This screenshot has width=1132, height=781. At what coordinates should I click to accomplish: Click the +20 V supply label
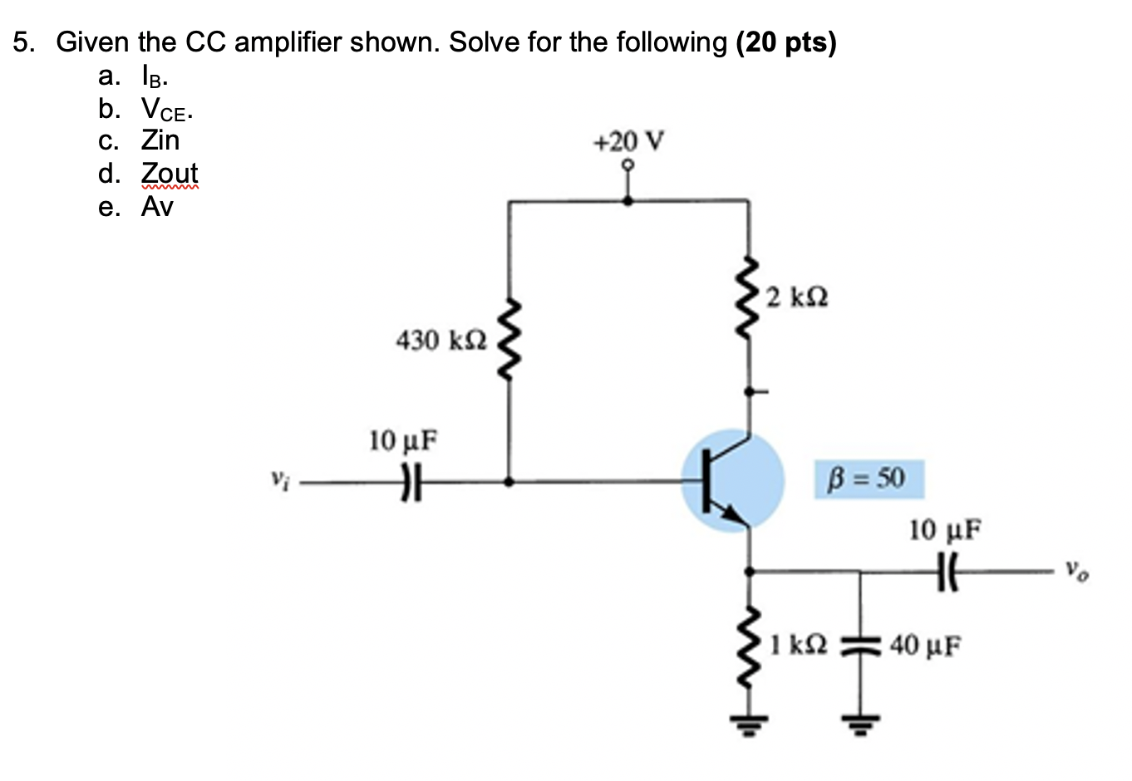[x=628, y=141]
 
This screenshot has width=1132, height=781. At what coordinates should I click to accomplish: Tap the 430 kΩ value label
[x=440, y=340]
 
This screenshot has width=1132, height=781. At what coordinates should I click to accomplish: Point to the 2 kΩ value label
[x=797, y=297]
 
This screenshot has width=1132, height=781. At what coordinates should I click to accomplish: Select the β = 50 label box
[x=869, y=479]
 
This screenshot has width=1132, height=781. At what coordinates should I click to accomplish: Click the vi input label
[x=278, y=479]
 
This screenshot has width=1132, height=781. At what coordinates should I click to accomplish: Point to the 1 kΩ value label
[x=797, y=644]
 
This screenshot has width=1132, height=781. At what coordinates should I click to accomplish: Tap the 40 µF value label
[x=926, y=644]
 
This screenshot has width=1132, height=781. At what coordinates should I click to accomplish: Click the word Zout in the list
[x=170, y=173]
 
